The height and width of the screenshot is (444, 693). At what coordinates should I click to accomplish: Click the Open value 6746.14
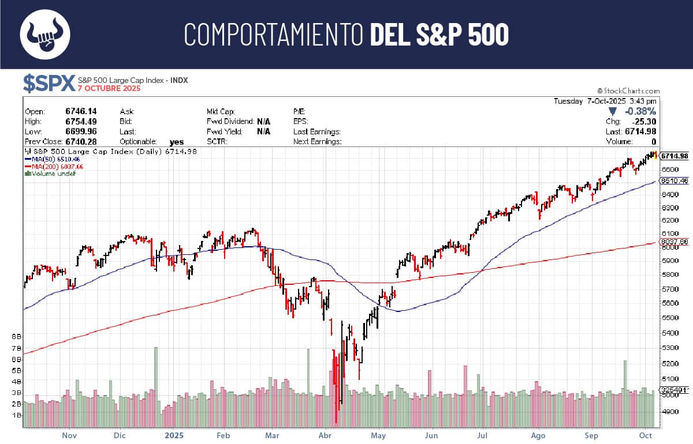pos(82,111)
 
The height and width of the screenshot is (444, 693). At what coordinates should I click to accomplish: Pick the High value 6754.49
pos(82,122)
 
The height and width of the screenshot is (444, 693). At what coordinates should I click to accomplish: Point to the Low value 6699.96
pos(82,131)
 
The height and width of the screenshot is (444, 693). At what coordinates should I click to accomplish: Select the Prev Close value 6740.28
pos(82,141)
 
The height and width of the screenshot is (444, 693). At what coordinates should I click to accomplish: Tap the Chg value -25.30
pos(643,122)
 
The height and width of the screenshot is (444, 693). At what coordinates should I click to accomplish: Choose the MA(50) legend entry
pos(47,159)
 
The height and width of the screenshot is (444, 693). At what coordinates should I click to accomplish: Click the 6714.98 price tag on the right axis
pos(675,156)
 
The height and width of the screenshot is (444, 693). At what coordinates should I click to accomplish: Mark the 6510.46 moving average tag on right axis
pos(675,180)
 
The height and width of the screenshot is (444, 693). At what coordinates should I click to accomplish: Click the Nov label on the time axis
pos(69,437)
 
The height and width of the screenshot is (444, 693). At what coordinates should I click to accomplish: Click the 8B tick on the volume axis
pos(17,336)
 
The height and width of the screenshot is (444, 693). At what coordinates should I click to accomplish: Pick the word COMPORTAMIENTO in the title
pos(274,35)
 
